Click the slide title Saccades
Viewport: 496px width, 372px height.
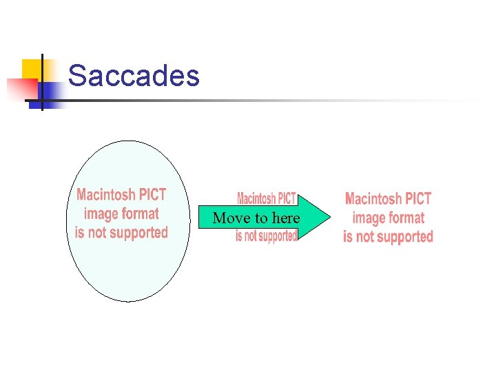134,76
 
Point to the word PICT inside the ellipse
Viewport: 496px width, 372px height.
152,195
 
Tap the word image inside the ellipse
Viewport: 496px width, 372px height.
102,214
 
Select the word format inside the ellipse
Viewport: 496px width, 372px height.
141,214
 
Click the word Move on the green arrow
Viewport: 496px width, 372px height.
230,218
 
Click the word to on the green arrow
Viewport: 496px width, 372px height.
260,218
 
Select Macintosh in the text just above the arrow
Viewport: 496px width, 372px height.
255,199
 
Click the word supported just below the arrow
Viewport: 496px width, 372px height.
275,236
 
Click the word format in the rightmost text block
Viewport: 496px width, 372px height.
407,218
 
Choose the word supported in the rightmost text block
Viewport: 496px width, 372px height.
402,237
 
